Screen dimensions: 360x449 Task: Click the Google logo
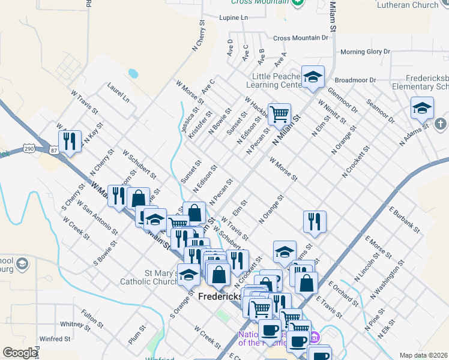point(19,353)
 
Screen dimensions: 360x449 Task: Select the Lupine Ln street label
point(234,18)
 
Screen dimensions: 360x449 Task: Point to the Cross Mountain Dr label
point(301,38)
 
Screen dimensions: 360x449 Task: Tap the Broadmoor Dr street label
point(355,80)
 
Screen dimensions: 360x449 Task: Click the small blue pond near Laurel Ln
point(133,74)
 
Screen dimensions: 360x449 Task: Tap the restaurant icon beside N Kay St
point(71,142)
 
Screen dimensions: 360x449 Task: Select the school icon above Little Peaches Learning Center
point(313,77)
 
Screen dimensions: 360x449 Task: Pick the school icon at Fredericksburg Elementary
point(422,108)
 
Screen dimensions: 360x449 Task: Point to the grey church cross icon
point(440,124)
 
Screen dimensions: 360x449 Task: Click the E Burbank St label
point(404,219)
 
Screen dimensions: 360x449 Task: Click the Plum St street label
point(137,334)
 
